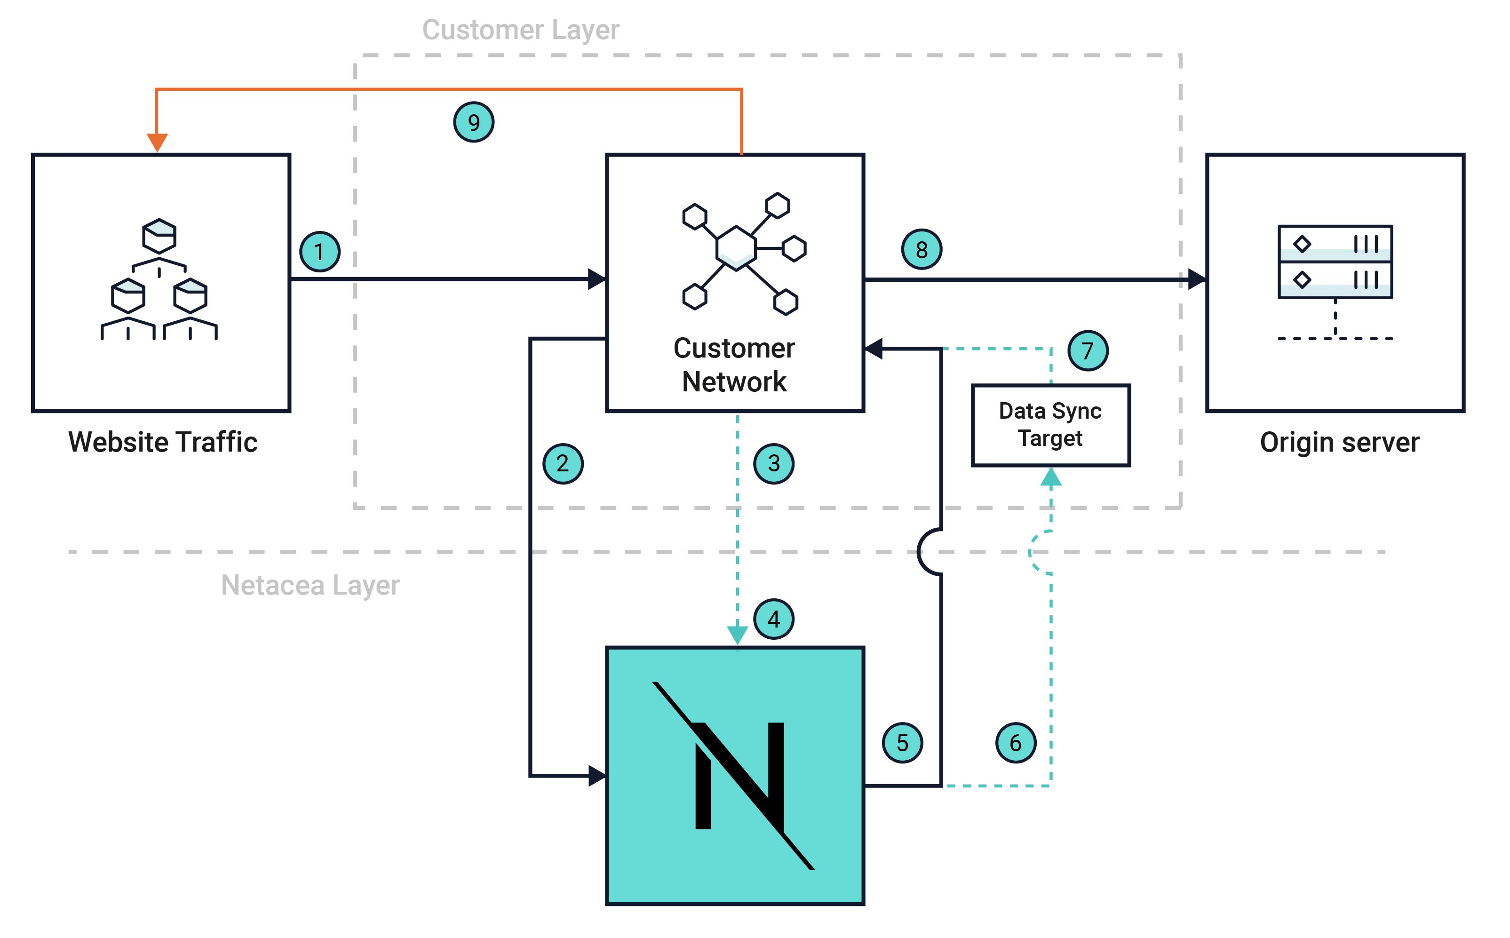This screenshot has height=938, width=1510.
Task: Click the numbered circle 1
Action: click(319, 252)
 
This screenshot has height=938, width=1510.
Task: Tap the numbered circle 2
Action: click(563, 463)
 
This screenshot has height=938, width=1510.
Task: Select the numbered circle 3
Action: click(774, 463)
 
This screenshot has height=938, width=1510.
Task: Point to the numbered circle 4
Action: click(774, 619)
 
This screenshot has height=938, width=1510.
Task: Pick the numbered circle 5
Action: click(903, 743)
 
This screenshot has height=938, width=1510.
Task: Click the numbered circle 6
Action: click(1016, 743)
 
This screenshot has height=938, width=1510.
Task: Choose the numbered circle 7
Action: click(1088, 351)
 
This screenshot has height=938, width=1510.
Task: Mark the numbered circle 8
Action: click(921, 249)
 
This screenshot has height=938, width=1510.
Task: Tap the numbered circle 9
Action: click(473, 122)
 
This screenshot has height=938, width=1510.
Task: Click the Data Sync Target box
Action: click(1050, 425)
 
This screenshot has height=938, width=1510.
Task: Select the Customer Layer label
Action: click(520, 30)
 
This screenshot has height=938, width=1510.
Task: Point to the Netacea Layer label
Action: click(310, 585)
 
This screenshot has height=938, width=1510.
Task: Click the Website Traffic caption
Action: click(163, 442)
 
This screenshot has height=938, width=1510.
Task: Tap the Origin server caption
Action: click(1339, 442)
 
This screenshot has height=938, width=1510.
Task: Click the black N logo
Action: click(735, 775)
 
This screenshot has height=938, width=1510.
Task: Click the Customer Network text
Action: click(734, 365)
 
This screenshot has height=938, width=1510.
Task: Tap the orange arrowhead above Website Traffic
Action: click(157, 142)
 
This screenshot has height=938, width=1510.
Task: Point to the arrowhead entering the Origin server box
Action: click(1197, 279)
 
